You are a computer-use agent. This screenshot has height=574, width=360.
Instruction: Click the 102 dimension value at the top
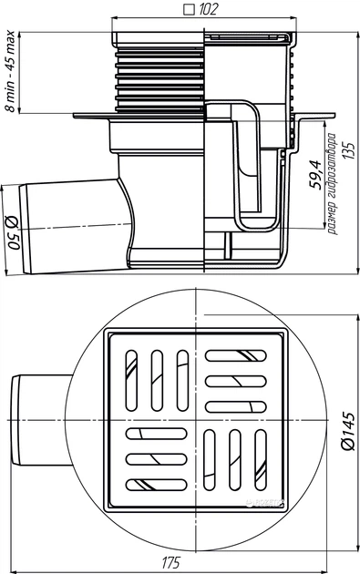[208, 9]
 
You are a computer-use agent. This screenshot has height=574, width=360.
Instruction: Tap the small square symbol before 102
[189, 10]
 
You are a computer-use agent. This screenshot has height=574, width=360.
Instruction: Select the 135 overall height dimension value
[350, 150]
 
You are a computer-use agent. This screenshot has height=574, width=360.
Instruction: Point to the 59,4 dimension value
[314, 174]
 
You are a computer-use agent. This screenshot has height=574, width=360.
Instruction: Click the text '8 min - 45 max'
[11, 71]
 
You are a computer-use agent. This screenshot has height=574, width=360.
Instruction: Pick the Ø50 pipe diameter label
[13, 232]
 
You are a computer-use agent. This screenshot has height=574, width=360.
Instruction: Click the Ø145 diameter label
[348, 431]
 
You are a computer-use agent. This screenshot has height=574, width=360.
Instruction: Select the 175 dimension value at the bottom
[171, 562]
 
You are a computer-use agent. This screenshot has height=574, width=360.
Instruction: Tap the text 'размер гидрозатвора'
[332, 184]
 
